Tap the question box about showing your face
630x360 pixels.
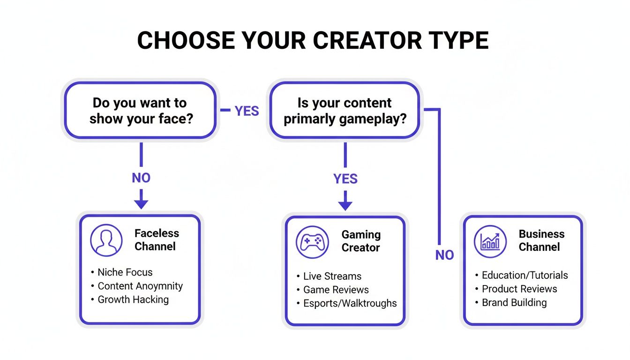140,111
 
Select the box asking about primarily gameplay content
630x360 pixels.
344,111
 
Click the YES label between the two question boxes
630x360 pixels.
247,111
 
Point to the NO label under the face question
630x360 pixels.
141,178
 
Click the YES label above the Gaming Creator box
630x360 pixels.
345,179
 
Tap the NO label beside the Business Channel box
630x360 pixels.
444,255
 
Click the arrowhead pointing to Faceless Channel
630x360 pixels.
141,204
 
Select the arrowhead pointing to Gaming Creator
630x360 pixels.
345,205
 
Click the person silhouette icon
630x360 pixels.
106,240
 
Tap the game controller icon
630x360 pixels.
312,242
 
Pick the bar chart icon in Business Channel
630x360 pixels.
490,241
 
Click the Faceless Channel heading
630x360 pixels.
157,240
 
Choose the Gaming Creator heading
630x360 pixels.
361,241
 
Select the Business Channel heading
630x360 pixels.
541,240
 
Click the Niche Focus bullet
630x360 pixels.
125,272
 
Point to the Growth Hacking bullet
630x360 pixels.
133,300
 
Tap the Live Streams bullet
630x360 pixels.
332,276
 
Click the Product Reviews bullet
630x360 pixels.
519,289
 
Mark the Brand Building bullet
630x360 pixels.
514,302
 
